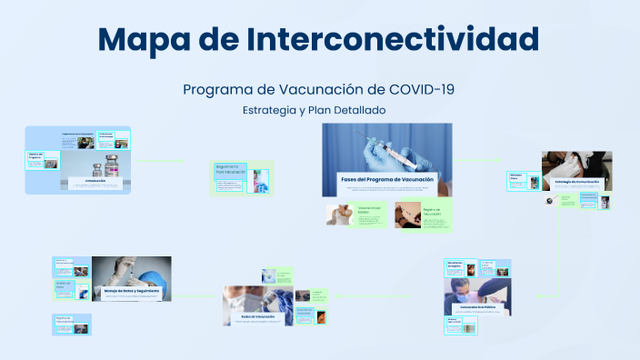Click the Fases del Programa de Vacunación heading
coord(386,180)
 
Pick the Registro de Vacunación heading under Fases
coord(431,212)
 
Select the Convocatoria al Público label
coord(476,307)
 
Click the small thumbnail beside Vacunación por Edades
coord(339,215)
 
